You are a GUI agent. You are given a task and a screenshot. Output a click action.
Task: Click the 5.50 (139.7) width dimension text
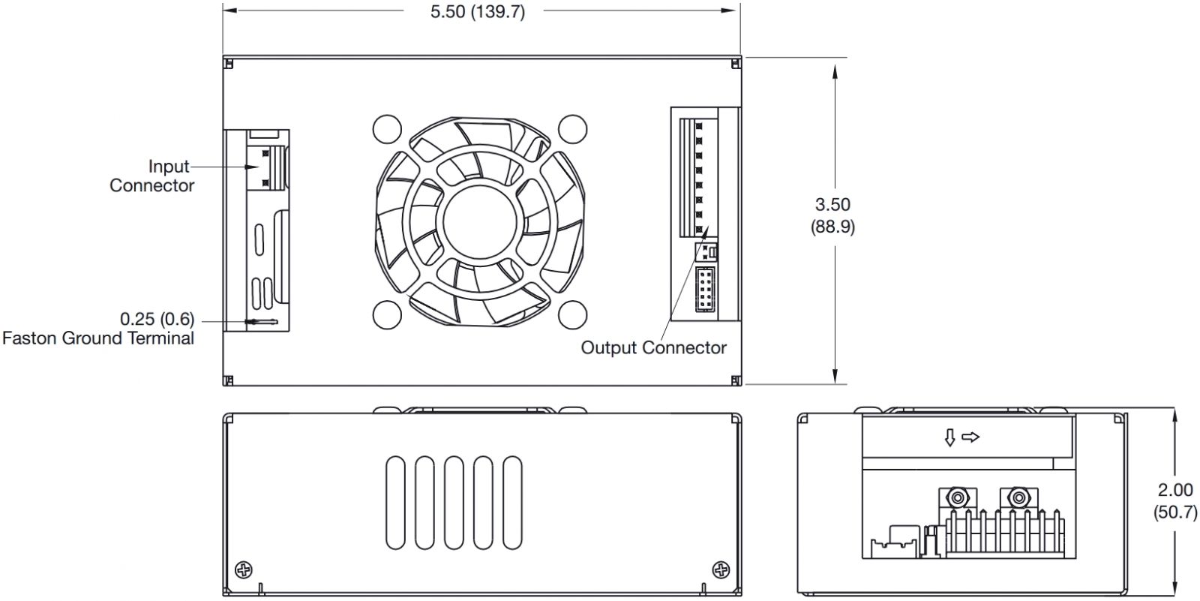click(477, 11)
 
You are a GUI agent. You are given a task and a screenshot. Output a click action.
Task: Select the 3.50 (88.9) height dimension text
click(832, 215)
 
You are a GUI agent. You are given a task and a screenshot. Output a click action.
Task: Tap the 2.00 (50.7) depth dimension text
click(1174, 500)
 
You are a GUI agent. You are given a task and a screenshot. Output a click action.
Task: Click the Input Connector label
click(151, 176)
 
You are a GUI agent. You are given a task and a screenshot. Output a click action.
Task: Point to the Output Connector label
click(653, 347)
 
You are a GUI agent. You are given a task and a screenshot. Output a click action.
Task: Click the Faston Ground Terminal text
click(98, 338)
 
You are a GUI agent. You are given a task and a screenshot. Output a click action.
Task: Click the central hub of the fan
click(480, 221)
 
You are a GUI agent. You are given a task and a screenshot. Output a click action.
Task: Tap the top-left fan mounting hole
click(387, 129)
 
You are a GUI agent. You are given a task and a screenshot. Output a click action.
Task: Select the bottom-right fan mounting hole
click(573, 314)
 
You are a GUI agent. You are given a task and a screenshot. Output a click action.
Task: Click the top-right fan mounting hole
click(573, 129)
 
